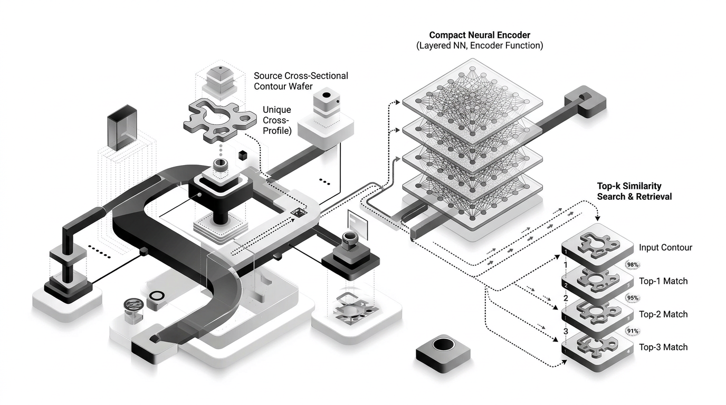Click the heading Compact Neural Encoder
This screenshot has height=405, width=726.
tap(479, 35)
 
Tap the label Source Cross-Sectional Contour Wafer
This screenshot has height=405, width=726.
tap(301, 81)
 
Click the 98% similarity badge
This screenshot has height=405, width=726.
tap(632, 265)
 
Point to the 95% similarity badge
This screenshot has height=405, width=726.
tap(633, 298)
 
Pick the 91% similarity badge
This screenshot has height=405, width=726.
tap(633, 331)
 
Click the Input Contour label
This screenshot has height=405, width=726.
tap(665, 248)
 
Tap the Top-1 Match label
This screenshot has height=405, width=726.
tap(663, 281)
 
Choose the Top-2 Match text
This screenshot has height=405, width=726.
tap(663, 314)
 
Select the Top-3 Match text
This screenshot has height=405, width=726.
tap(663, 348)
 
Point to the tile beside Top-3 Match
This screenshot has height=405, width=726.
tap(597, 348)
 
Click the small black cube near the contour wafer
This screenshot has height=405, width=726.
tap(243, 155)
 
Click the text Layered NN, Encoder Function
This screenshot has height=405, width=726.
tap(479, 46)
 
